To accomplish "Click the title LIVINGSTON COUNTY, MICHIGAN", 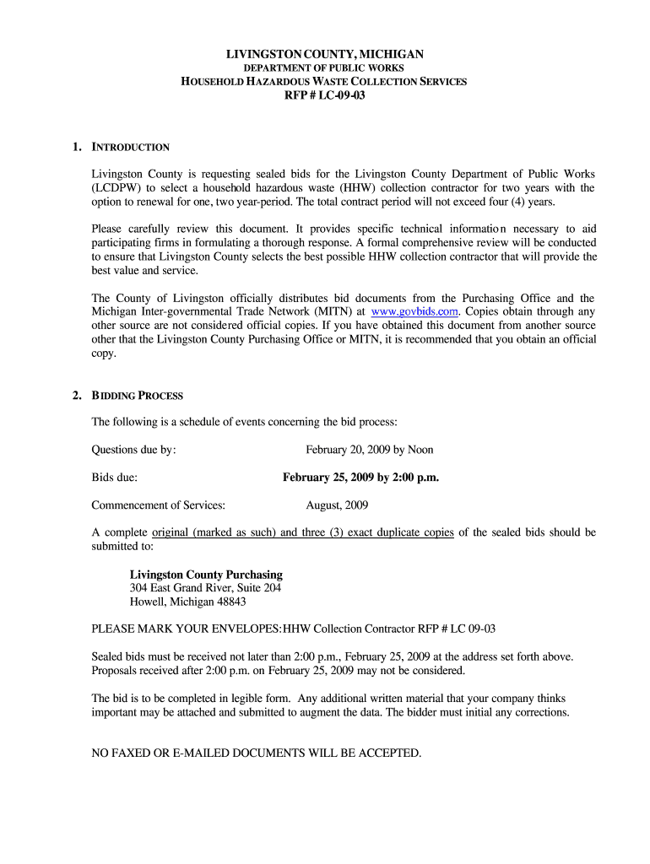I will pyautogui.click(x=324, y=54).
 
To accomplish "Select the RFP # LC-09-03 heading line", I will pyautogui.click(x=324, y=95).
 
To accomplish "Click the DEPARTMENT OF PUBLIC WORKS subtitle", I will pyautogui.click(x=324, y=67).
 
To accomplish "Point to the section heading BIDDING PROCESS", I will pyautogui.click(x=137, y=395).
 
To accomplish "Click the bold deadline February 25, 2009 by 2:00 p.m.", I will pyautogui.click(x=360, y=478).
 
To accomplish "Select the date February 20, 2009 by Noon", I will pyautogui.click(x=369, y=450).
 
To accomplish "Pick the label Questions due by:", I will pyautogui.click(x=133, y=450).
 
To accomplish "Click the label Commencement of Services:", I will pyautogui.click(x=158, y=505).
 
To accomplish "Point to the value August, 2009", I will pyautogui.click(x=336, y=505).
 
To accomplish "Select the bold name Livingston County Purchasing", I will pyautogui.click(x=206, y=575).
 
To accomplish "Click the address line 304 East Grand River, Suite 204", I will pyautogui.click(x=205, y=587).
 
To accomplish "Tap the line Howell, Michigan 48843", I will pyautogui.click(x=187, y=602).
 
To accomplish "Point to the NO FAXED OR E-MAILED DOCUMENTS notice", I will pyautogui.click(x=256, y=753).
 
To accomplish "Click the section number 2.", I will pyautogui.click(x=76, y=395).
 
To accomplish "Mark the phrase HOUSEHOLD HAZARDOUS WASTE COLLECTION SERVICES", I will pyautogui.click(x=324, y=81).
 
